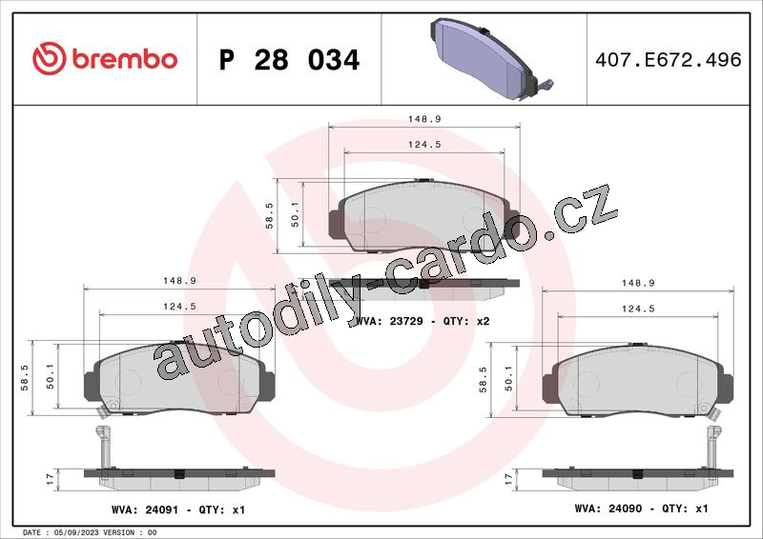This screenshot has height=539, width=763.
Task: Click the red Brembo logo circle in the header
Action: tap(50, 58)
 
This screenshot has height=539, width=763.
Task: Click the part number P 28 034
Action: tap(289, 60)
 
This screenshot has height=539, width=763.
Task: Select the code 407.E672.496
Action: tap(669, 60)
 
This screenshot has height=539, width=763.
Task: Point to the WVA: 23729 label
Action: tap(390, 321)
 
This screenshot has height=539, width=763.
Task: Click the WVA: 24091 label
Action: tap(145, 509)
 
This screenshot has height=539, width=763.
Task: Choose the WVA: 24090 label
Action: tap(608, 509)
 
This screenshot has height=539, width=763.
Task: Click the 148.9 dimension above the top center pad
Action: tap(424, 119)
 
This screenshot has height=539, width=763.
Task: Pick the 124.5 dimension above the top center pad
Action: tap(424, 145)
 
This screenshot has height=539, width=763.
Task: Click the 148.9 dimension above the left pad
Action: tap(179, 281)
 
